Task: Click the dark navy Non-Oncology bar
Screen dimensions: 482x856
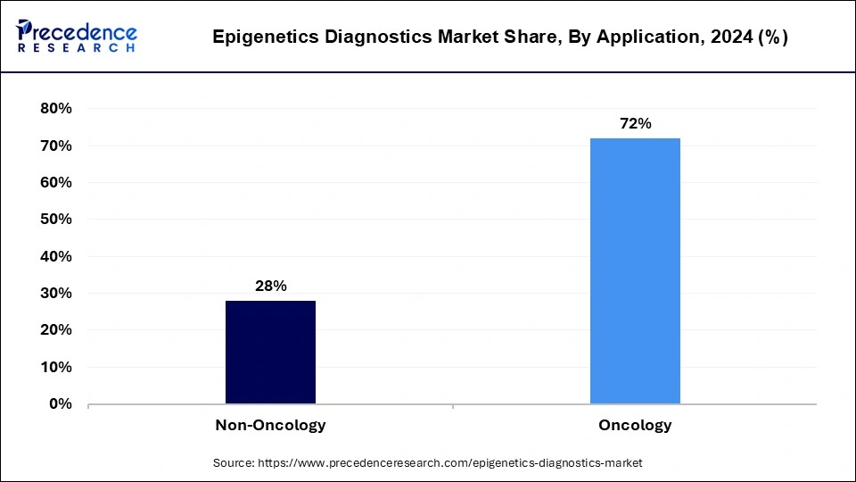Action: coord(270,352)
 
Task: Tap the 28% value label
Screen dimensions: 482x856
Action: coord(270,286)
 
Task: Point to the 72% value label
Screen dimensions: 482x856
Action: coord(635,124)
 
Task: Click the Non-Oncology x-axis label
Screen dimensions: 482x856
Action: coord(270,425)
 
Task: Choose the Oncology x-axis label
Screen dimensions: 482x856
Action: coord(635,425)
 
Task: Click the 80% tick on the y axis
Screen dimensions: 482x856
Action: coord(55,109)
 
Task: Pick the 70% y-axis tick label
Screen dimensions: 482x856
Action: coord(55,145)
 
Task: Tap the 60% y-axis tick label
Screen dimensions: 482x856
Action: coord(55,182)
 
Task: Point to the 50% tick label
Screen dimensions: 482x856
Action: coord(55,220)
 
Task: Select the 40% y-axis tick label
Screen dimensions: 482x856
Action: coord(55,256)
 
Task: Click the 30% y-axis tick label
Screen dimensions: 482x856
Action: coord(55,294)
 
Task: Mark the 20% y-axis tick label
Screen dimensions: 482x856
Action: coord(55,330)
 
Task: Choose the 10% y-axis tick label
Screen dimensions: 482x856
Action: coord(55,367)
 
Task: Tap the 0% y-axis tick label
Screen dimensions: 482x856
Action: coord(60,404)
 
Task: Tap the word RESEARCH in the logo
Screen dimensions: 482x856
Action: coord(77,47)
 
